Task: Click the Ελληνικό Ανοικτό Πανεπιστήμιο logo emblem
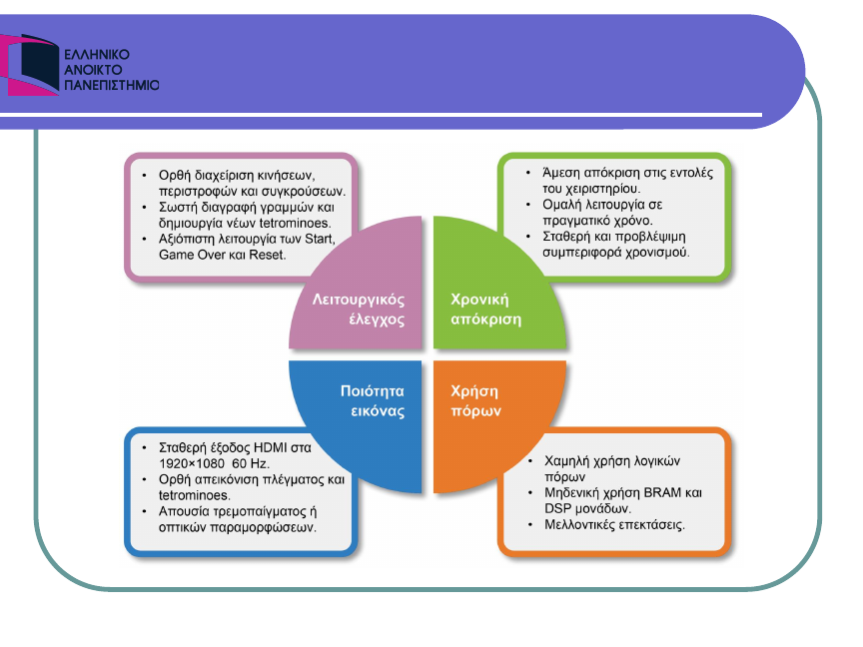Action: click(29, 65)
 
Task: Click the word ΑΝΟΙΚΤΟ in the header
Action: click(93, 70)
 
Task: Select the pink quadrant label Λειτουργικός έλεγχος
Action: click(359, 310)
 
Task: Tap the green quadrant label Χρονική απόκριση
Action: click(485, 310)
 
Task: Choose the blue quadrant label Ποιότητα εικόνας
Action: click(373, 400)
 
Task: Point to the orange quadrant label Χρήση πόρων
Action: click(475, 400)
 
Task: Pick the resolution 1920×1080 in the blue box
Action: click(192, 463)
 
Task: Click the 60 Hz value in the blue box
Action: click(250, 463)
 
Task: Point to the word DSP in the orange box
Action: click(557, 508)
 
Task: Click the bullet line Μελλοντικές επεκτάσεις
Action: click(614, 524)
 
